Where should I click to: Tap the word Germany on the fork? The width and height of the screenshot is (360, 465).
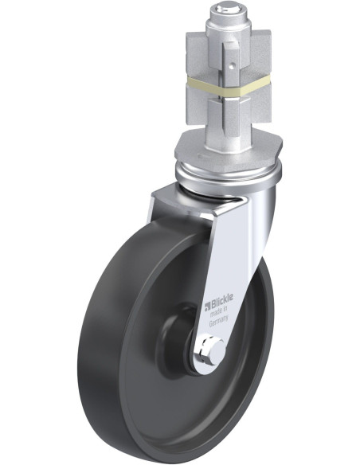click(219, 321)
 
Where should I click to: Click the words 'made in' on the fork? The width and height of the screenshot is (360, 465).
click(218, 312)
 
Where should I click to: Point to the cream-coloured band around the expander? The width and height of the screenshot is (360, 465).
click(229, 85)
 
